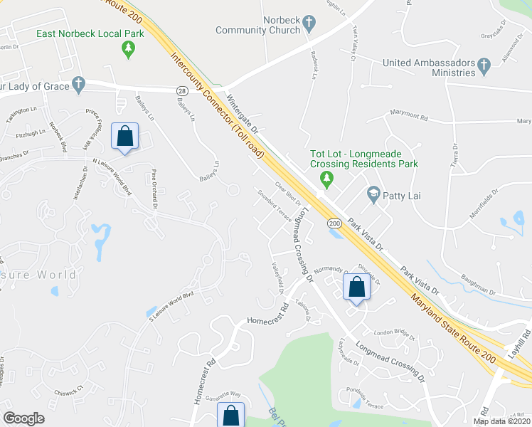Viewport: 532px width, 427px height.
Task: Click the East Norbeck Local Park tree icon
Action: coord(128,49)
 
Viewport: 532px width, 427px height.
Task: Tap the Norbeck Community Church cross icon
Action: coord(309,24)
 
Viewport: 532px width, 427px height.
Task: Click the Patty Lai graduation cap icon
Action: coord(372,193)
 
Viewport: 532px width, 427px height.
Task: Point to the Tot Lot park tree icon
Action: coord(326,178)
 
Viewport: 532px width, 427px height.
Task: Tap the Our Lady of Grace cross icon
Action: coord(79,86)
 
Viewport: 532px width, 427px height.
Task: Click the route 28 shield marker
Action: coord(182,90)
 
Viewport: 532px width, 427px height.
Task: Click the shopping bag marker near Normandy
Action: coord(356,288)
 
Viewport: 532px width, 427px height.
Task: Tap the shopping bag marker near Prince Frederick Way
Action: coord(125,136)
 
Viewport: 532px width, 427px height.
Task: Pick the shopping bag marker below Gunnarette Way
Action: coord(231,416)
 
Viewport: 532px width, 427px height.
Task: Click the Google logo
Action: coord(23,418)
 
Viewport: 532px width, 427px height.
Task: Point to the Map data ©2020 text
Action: coord(501,421)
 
